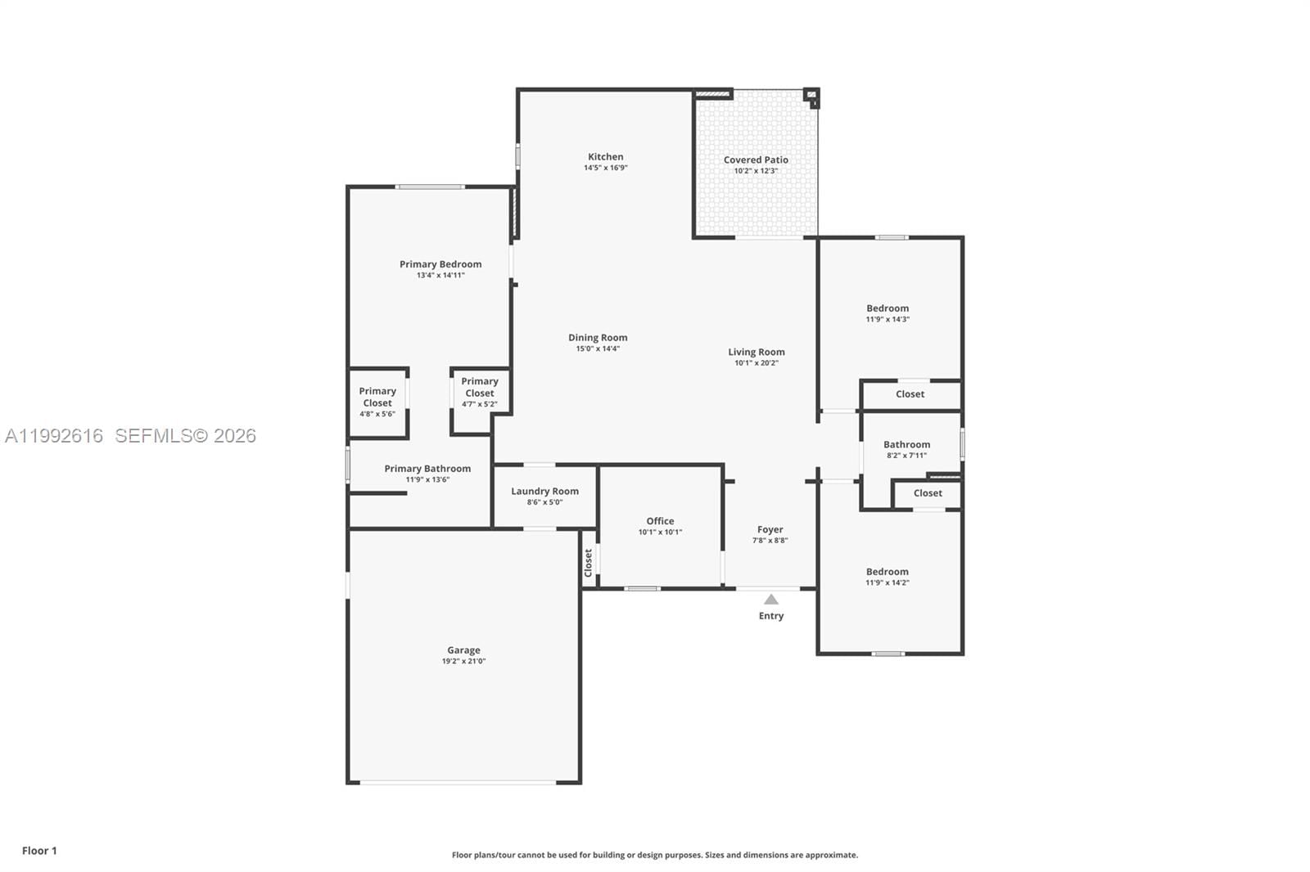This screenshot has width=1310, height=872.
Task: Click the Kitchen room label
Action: pyautogui.click(x=605, y=157)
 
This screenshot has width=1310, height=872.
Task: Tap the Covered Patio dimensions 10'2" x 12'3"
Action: pyautogui.click(x=755, y=171)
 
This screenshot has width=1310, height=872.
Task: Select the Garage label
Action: pyautogui.click(x=463, y=650)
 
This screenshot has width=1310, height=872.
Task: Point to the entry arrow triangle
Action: pyautogui.click(x=771, y=600)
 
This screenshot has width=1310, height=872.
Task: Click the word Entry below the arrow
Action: pyautogui.click(x=770, y=616)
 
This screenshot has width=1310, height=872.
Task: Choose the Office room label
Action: pyautogui.click(x=660, y=521)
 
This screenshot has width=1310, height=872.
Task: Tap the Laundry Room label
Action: pyautogui.click(x=544, y=492)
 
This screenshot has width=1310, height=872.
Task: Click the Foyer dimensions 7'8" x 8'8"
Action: pyautogui.click(x=770, y=541)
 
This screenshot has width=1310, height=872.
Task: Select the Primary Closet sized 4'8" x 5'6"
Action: pyautogui.click(x=377, y=402)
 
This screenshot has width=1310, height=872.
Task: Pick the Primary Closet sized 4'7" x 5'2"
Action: pyautogui.click(x=480, y=392)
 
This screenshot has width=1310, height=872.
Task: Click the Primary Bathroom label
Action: pyautogui.click(x=427, y=469)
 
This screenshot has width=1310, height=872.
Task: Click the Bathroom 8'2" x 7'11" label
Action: pyautogui.click(x=906, y=445)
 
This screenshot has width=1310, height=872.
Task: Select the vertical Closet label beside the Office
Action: pyautogui.click(x=588, y=563)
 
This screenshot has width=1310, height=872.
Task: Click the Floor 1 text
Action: pyautogui.click(x=39, y=851)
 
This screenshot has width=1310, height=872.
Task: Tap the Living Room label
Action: pyautogui.click(x=757, y=353)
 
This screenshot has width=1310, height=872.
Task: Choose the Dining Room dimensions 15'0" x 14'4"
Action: pyautogui.click(x=598, y=348)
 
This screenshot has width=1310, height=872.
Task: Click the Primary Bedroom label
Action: pyautogui.click(x=440, y=264)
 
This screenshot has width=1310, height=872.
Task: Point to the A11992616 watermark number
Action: pyautogui.click(x=54, y=436)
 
